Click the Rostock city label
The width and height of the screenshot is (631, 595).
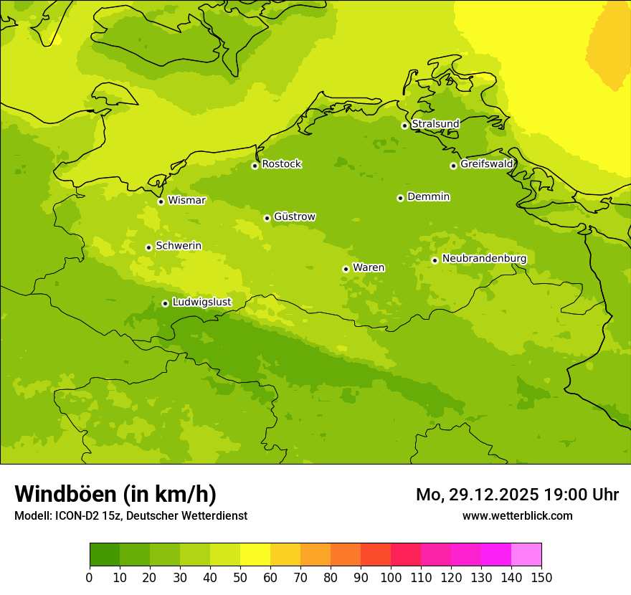click(281, 164)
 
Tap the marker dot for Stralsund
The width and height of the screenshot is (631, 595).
click(404, 125)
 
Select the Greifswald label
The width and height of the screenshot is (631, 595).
click(486, 164)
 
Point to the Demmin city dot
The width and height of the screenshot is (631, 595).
click(400, 198)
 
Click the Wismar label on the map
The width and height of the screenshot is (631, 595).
click(186, 200)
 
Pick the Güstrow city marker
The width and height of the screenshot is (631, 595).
click(267, 218)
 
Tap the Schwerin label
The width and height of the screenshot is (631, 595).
click(179, 246)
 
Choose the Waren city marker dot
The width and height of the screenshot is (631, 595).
click(346, 269)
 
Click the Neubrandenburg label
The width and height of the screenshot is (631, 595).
click(484, 259)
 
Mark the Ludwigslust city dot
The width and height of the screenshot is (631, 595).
click(165, 303)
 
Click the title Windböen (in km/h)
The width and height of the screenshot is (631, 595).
click(115, 494)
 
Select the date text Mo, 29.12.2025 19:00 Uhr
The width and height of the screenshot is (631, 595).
click(517, 495)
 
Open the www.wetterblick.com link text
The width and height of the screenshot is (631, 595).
click(517, 515)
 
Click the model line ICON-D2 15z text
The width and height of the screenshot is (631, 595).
click(131, 515)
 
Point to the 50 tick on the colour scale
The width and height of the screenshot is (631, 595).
click(240, 577)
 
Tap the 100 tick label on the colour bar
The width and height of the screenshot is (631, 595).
click(391, 577)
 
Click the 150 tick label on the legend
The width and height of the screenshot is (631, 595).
click(541, 577)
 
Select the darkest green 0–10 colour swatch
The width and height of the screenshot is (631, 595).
click(105, 555)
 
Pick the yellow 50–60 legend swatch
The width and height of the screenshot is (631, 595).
click(255, 555)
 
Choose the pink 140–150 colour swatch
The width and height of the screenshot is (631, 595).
click(526, 555)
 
